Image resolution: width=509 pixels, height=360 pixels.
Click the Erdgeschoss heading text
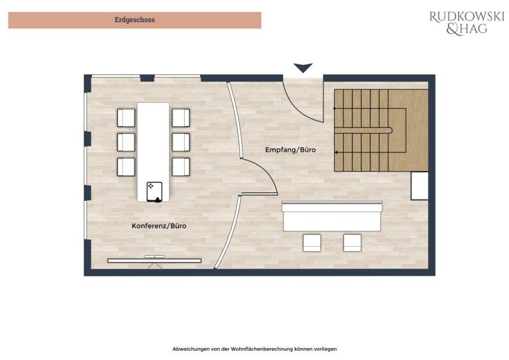point(135,20)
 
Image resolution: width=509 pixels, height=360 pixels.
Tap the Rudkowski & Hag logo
point(467,23)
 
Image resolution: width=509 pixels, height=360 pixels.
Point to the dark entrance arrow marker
point(303,68)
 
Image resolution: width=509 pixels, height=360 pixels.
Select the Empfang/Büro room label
point(290,150)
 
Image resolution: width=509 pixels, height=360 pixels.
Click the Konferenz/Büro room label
point(159,226)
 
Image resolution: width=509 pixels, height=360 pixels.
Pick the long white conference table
point(153,152)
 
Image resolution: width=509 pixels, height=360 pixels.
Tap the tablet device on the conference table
point(154,192)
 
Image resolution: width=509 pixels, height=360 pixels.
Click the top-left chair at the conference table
point(126,118)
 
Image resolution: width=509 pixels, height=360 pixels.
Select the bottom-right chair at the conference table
point(181,167)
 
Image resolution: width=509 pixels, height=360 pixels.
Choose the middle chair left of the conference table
point(126,142)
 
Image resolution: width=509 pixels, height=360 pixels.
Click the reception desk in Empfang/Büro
point(332,217)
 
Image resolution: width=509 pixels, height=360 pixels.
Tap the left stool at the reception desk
point(312,243)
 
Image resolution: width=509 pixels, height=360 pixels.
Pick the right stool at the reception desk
point(352,243)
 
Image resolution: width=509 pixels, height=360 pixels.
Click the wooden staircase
point(381,131)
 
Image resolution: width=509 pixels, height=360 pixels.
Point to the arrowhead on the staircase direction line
point(336,152)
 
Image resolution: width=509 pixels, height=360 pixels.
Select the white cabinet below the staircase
point(420,186)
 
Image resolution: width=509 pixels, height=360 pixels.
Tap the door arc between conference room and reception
point(267,170)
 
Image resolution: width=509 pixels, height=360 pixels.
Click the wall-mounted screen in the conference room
point(154,261)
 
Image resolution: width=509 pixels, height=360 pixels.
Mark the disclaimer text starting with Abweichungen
point(254,349)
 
